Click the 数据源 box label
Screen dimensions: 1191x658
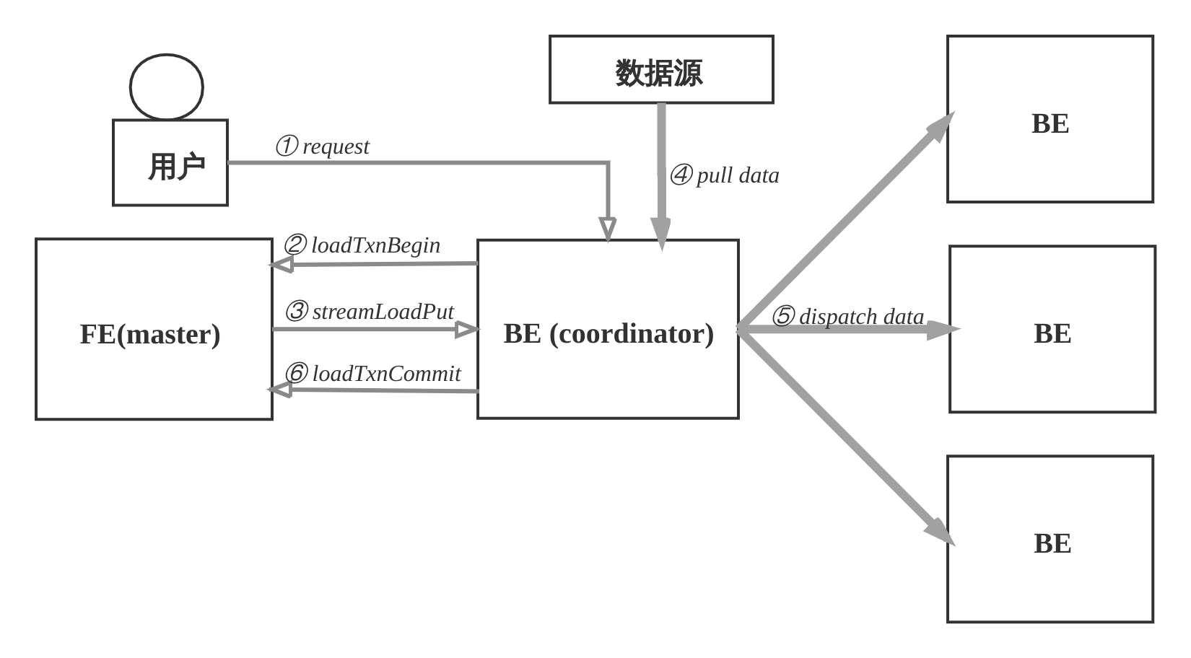(x=659, y=73)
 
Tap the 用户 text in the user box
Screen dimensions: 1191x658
(x=177, y=167)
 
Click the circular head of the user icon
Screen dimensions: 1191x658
(x=167, y=87)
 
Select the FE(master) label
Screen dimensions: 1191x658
(x=150, y=334)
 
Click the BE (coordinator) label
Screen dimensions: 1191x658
(x=608, y=334)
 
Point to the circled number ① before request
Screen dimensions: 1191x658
(x=287, y=146)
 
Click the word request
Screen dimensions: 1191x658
(x=336, y=147)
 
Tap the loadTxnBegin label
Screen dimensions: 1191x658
(x=375, y=245)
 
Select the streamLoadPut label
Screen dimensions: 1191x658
(x=383, y=312)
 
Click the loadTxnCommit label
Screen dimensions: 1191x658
(x=387, y=374)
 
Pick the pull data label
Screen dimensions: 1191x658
(x=738, y=176)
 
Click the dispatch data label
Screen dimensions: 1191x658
(x=861, y=317)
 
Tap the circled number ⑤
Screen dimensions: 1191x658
(x=783, y=316)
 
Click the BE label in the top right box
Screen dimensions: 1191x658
(x=1050, y=123)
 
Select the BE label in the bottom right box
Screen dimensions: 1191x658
(x=1052, y=543)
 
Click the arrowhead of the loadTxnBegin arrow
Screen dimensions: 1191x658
(x=281, y=265)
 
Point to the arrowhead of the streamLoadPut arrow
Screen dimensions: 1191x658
(x=468, y=330)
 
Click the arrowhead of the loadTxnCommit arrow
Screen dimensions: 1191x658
(x=279, y=390)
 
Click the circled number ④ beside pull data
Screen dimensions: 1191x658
(x=681, y=175)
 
